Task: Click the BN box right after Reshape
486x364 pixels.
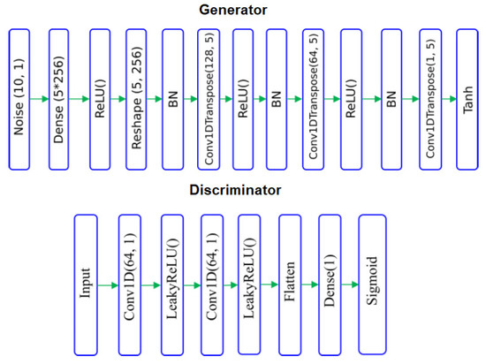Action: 174,99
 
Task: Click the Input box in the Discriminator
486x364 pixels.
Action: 85,284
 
